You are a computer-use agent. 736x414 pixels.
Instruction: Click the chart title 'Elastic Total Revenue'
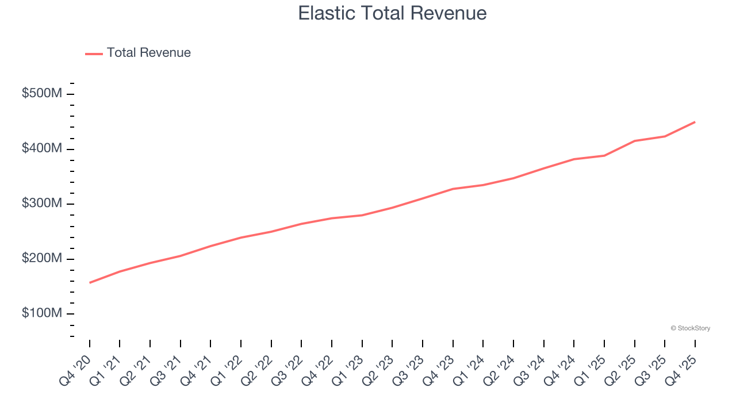pos(392,13)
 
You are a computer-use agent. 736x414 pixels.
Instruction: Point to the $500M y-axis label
pos(41,94)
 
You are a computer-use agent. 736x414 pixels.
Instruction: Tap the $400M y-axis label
pos(41,149)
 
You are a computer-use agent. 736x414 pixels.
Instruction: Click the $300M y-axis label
pos(41,204)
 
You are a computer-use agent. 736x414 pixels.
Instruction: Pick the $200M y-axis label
pos(41,259)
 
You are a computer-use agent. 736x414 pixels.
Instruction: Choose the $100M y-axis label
pos(41,313)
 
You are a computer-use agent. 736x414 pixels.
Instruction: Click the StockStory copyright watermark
pos(690,328)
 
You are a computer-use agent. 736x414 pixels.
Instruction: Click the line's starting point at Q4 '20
pos(90,283)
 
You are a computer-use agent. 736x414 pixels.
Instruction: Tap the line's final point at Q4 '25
pos(695,122)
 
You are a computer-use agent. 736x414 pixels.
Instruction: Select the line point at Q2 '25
pos(635,141)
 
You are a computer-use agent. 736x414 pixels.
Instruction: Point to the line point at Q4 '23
pos(453,189)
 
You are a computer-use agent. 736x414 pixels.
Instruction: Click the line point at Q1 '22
pos(241,237)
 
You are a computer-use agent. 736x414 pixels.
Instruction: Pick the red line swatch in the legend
pos(94,53)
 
